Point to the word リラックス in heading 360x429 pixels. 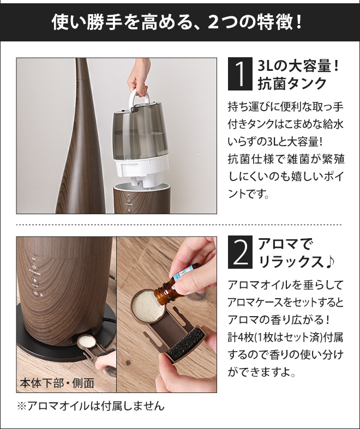click(x=289, y=262)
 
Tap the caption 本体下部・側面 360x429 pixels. click(x=57, y=383)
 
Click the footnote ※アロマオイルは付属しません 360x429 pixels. click(x=91, y=407)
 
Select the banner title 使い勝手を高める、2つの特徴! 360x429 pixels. click(x=180, y=22)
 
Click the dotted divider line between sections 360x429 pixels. click(x=180, y=225)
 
